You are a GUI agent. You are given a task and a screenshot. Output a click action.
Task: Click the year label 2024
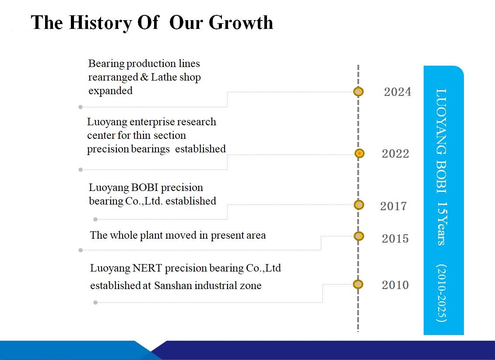(x=397, y=92)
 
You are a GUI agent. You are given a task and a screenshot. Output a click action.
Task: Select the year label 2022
(x=395, y=154)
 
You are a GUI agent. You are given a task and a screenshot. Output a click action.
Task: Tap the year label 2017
(x=393, y=206)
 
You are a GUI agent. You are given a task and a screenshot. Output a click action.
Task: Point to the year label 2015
(x=395, y=239)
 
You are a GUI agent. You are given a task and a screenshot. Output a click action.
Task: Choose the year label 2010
(x=395, y=285)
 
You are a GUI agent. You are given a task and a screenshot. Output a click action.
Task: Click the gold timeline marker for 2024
(x=358, y=92)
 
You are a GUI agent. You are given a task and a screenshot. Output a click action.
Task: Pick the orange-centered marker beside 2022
(x=359, y=153)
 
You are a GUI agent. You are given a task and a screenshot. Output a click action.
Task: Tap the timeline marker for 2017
(x=358, y=205)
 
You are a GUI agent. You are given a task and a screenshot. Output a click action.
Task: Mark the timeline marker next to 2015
(x=358, y=236)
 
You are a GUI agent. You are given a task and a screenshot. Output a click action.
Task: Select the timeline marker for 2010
(x=358, y=284)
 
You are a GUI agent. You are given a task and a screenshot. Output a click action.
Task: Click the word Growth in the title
(x=241, y=23)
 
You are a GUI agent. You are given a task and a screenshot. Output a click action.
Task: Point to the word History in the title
(x=100, y=23)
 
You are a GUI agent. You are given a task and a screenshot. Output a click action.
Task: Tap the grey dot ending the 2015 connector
(x=81, y=250)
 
